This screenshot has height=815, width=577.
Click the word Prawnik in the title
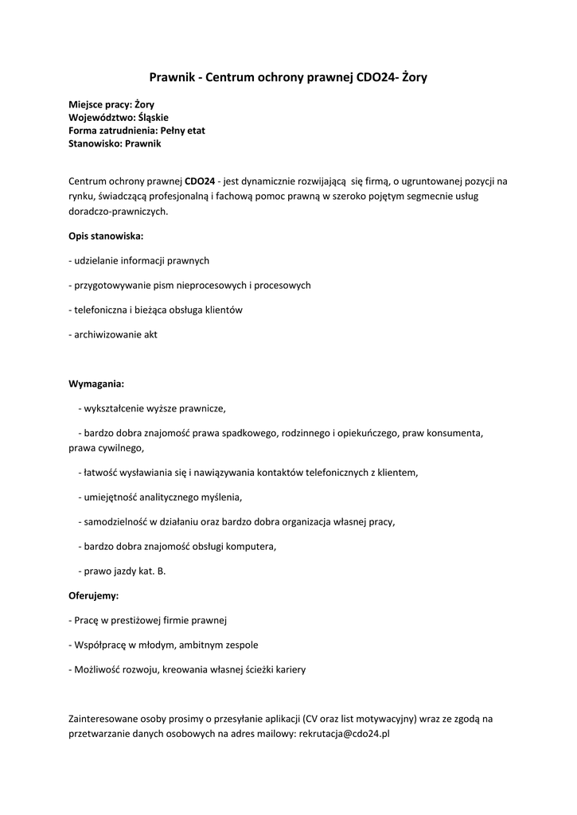pyautogui.click(x=172, y=77)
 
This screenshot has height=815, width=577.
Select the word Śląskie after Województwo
pyautogui.click(x=158, y=117)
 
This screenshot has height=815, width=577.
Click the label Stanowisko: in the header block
pyautogui.click(x=96, y=143)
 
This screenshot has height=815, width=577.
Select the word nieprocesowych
pyautogui.click(x=213, y=285)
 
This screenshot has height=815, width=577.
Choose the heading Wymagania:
pyautogui.click(x=96, y=384)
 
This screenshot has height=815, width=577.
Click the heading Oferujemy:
pyautogui.click(x=94, y=595)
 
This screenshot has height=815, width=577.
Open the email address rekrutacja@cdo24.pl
pyautogui.click(x=344, y=735)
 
